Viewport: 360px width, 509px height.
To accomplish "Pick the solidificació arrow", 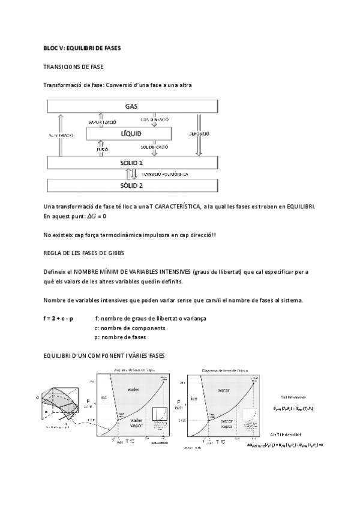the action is coord(154,148).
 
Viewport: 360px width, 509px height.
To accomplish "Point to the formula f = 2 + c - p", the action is coord(58,318).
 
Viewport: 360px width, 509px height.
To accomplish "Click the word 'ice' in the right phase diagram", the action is coord(194,398).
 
